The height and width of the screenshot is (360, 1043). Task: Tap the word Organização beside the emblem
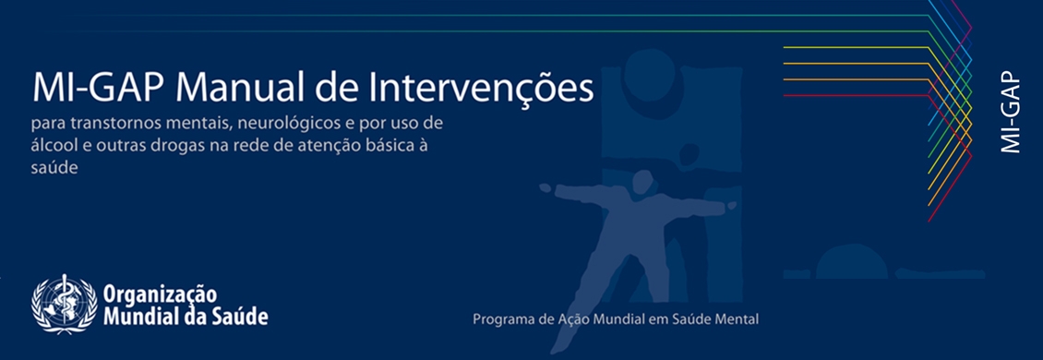(161, 294)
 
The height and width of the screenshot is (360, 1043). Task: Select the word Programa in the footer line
(501, 320)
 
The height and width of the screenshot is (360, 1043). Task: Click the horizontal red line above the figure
(857, 95)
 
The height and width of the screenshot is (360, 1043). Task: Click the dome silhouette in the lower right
(851, 261)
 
